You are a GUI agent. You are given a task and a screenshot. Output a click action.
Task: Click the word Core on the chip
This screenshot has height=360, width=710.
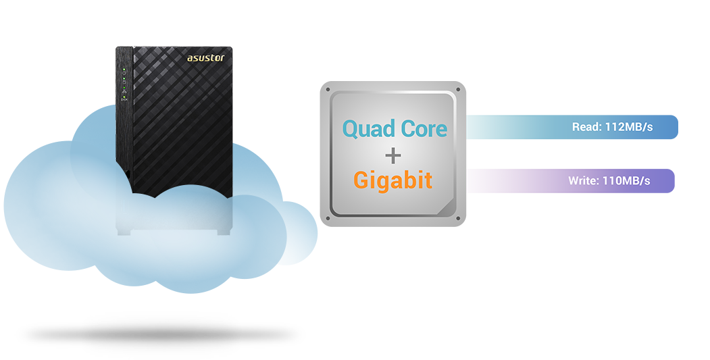(422, 128)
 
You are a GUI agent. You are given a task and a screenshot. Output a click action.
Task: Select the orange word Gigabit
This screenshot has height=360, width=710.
(392, 180)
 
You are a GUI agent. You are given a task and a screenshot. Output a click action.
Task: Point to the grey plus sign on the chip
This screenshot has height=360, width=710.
(392, 155)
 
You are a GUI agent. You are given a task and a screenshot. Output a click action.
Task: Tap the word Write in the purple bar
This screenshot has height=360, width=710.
(582, 181)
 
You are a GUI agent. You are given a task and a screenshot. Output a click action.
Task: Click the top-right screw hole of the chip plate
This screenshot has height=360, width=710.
(459, 88)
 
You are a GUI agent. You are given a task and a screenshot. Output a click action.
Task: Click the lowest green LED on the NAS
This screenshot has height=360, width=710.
(124, 98)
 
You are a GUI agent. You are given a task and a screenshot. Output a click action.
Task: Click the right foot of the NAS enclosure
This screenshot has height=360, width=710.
(222, 232)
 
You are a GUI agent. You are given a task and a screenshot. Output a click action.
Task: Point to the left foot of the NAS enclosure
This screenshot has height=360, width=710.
(124, 232)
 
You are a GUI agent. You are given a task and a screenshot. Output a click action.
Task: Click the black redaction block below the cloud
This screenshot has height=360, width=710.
(159, 335)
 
